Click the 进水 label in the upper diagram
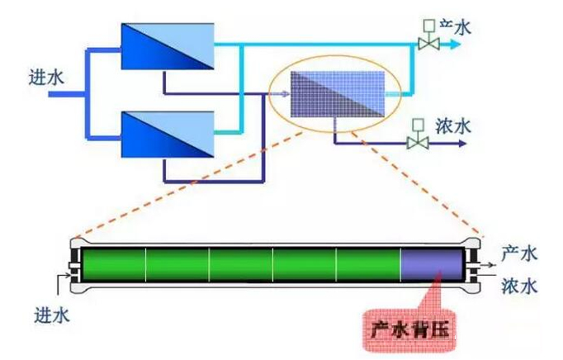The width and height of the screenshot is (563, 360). click(45, 78)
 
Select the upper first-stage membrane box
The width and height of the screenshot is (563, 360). click(167, 46)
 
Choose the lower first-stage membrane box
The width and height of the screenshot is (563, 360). click(167, 133)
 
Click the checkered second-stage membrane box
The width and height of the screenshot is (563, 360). click(338, 95)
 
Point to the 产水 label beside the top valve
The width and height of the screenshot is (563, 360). click(455, 27)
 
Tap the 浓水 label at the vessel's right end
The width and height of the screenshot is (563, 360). click(520, 286)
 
